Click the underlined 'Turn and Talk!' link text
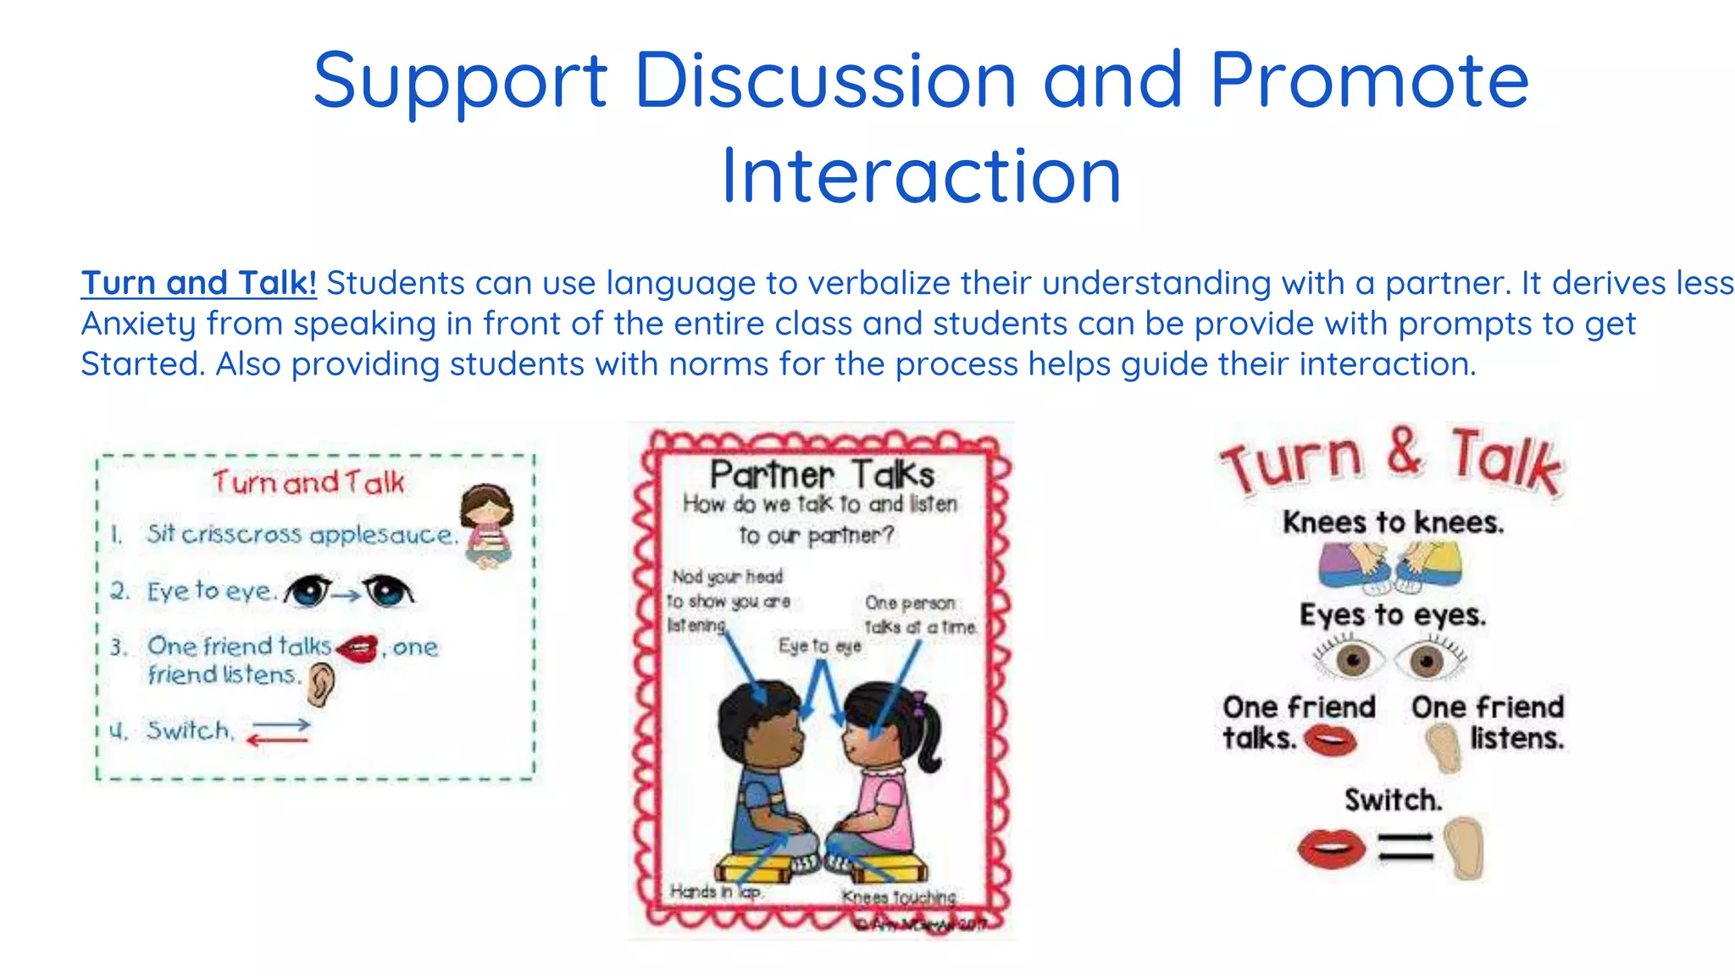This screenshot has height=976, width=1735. click(x=199, y=283)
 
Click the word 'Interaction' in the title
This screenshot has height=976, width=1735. click(x=922, y=176)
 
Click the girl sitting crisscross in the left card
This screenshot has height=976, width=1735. click(x=488, y=525)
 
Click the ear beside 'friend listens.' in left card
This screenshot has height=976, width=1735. click(x=321, y=684)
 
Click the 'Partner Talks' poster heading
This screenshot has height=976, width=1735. click(x=822, y=474)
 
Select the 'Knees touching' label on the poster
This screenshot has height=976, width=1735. click(x=899, y=896)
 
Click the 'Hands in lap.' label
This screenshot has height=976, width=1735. click(x=716, y=891)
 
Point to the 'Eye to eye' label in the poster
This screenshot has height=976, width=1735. click(x=819, y=646)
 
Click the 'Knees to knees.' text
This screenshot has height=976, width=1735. click(x=1394, y=522)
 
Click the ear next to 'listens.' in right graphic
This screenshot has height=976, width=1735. click(x=1444, y=746)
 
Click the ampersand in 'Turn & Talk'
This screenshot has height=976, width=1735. click(x=1405, y=452)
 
